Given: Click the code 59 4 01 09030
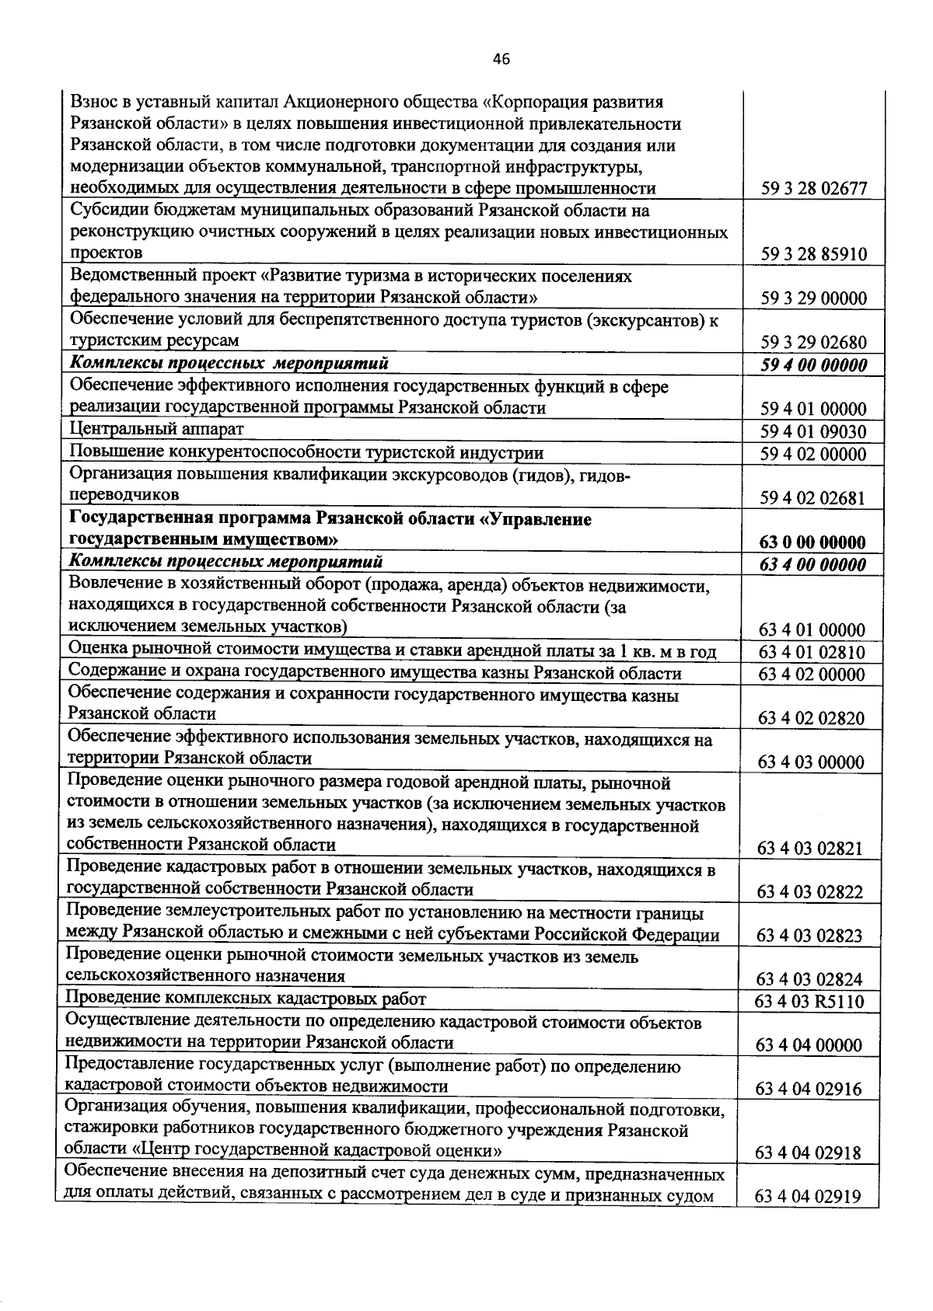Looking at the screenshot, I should coord(814,432).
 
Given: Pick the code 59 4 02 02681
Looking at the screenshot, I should coord(814,498).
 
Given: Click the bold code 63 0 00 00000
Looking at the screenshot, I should coord(814,542).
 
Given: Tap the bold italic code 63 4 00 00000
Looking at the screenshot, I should coord(814,565).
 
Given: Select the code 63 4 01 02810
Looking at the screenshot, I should coord(812,652).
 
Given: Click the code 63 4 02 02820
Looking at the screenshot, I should coord(812,718).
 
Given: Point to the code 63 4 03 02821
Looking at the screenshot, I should coord(810,849).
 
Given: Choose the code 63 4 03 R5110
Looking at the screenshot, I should coord(809,1002).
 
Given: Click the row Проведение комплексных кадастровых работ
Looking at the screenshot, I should coord(246,999).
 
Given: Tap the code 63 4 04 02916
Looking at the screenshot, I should coord(809,1090).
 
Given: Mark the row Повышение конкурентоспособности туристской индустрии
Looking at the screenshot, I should coord(306,452).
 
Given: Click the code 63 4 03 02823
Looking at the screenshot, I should coord(810,936).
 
